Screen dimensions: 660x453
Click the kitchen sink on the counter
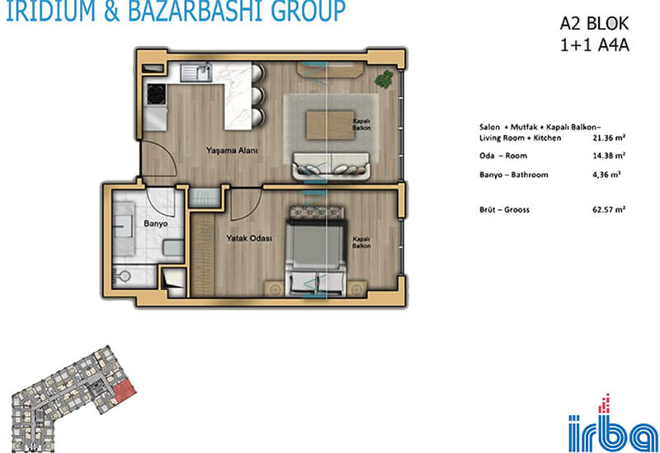[x=196, y=72]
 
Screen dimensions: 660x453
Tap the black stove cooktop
[x=156, y=94]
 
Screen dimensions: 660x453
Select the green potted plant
[x=384, y=78]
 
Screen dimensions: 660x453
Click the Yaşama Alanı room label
[x=232, y=150]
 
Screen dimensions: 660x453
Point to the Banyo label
[x=156, y=223]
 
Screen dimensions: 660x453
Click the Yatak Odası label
[x=249, y=238]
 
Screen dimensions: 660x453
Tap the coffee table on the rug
[x=330, y=125]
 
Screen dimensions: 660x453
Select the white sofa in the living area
[x=332, y=166]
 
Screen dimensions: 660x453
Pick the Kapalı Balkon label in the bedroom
[x=361, y=242]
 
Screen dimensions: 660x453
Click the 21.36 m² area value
[x=609, y=138]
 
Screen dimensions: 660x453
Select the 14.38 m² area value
[x=609, y=156]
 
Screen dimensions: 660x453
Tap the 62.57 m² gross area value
[x=609, y=209]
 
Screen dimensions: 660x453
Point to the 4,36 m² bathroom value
[x=606, y=175]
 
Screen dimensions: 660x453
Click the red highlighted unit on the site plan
[x=125, y=390]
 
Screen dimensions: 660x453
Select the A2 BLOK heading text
[x=594, y=24]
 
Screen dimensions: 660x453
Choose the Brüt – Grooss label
[x=504, y=209]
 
